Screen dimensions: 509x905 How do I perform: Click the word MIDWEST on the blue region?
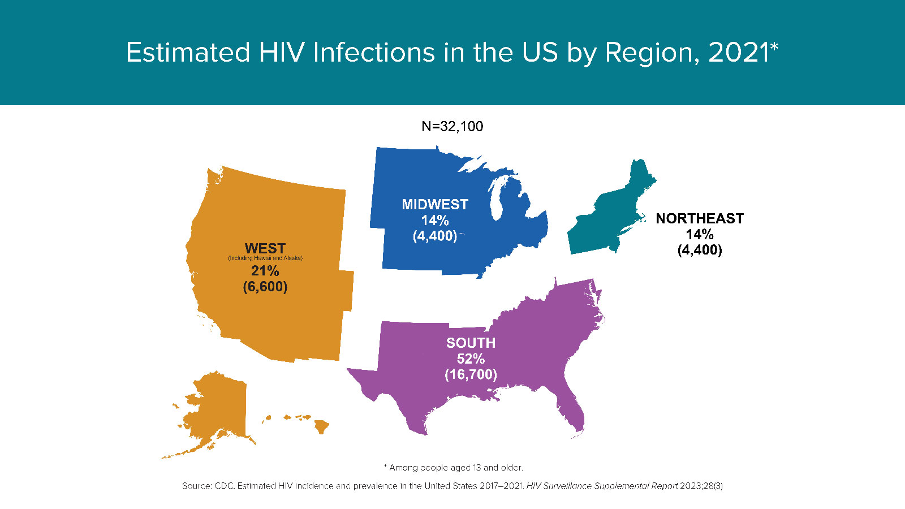click(435, 204)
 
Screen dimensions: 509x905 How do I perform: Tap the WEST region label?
click(265, 248)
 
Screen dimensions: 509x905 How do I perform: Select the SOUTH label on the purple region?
click(471, 343)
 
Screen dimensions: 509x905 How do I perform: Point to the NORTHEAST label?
click(700, 218)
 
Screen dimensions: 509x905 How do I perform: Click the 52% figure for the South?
click(471, 359)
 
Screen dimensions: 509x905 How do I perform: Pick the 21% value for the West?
click(265, 271)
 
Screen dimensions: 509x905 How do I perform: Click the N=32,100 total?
click(453, 126)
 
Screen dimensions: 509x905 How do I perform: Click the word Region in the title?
click(648, 53)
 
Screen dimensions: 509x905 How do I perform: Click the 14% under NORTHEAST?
click(700, 234)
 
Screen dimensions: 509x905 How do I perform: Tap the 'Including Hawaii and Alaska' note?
click(265, 258)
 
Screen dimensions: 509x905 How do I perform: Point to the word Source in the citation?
click(196, 486)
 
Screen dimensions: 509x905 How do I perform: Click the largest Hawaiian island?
click(321, 426)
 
